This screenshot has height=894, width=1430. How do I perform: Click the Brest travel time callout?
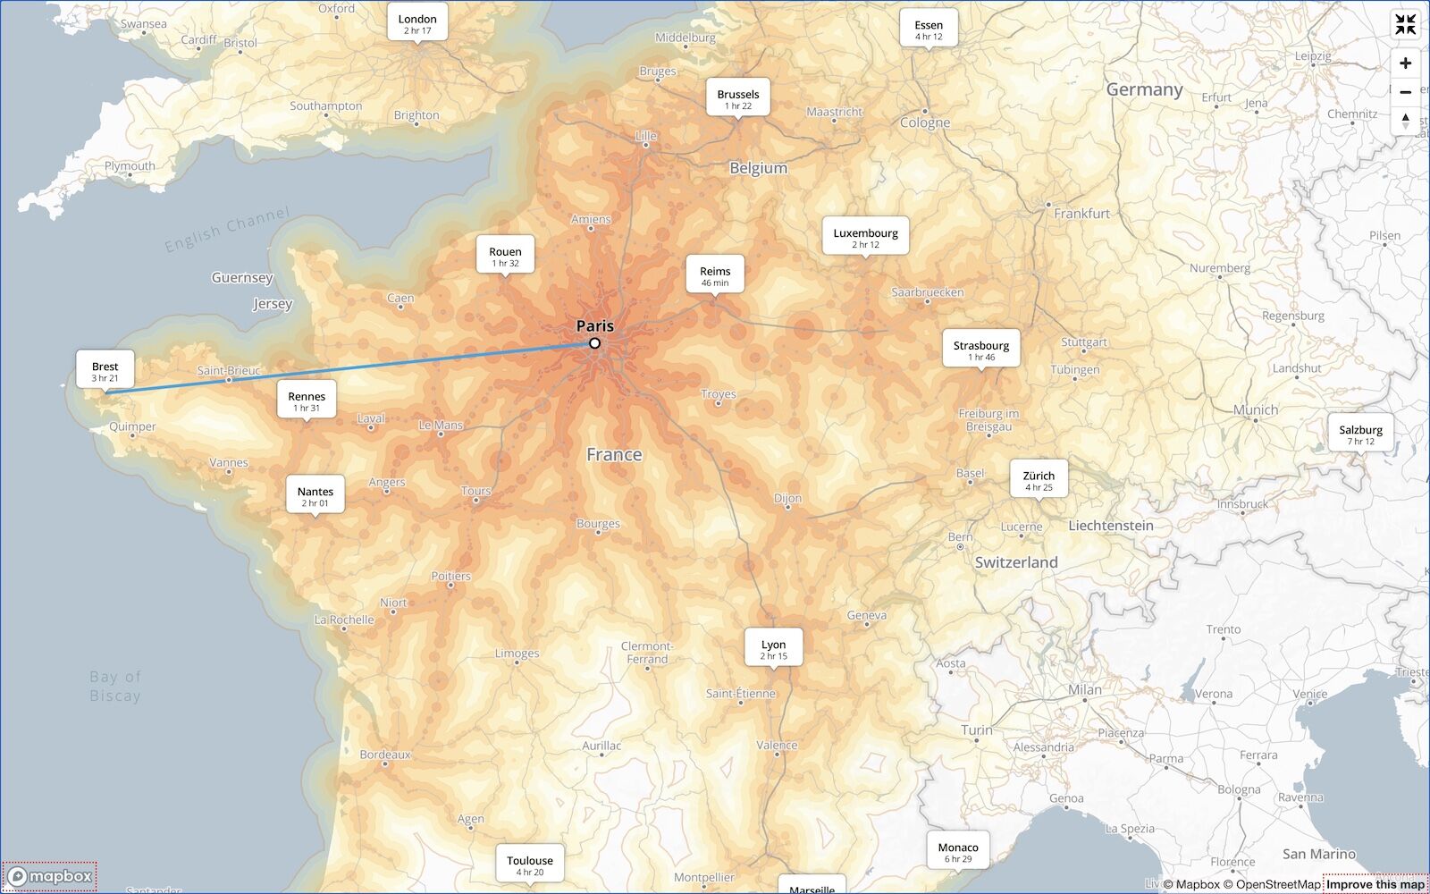click(x=105, y=371)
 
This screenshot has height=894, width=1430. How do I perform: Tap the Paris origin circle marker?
click(x=595, y=343)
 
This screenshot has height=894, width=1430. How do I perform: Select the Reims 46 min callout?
click(x=714, y=275)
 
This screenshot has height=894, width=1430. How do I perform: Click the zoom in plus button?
click(x=1405, y=63)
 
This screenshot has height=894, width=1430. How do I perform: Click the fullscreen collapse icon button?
click(x=1405, y=25)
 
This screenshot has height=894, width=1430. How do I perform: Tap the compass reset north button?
click(x=1405, y=120)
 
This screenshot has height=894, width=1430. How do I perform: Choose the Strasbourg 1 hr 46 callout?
click(x=980, y=350)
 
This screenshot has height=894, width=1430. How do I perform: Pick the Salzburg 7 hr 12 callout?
click(x=1360, y=434)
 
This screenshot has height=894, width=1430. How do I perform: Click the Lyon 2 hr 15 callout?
click(x=773, y=649)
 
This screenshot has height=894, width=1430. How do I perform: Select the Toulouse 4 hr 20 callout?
click(x=530, y=864)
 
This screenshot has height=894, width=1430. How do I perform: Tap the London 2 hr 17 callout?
click(x=417, y=23)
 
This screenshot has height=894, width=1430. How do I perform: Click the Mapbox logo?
click(x=51, y=876)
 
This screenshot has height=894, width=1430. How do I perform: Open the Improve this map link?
click(x=1375, y=884)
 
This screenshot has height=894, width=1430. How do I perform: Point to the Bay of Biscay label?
click(x=115, y=687)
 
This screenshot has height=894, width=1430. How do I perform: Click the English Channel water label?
click(x=227, y=229)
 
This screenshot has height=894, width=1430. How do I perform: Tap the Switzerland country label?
click(x=1015, y=562)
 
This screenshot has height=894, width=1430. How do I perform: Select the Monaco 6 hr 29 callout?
click(x=957, y=851)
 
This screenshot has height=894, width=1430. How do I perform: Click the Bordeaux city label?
click(x=385, y=755)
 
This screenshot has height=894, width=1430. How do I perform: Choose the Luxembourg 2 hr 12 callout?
click(x=865, y=238)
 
